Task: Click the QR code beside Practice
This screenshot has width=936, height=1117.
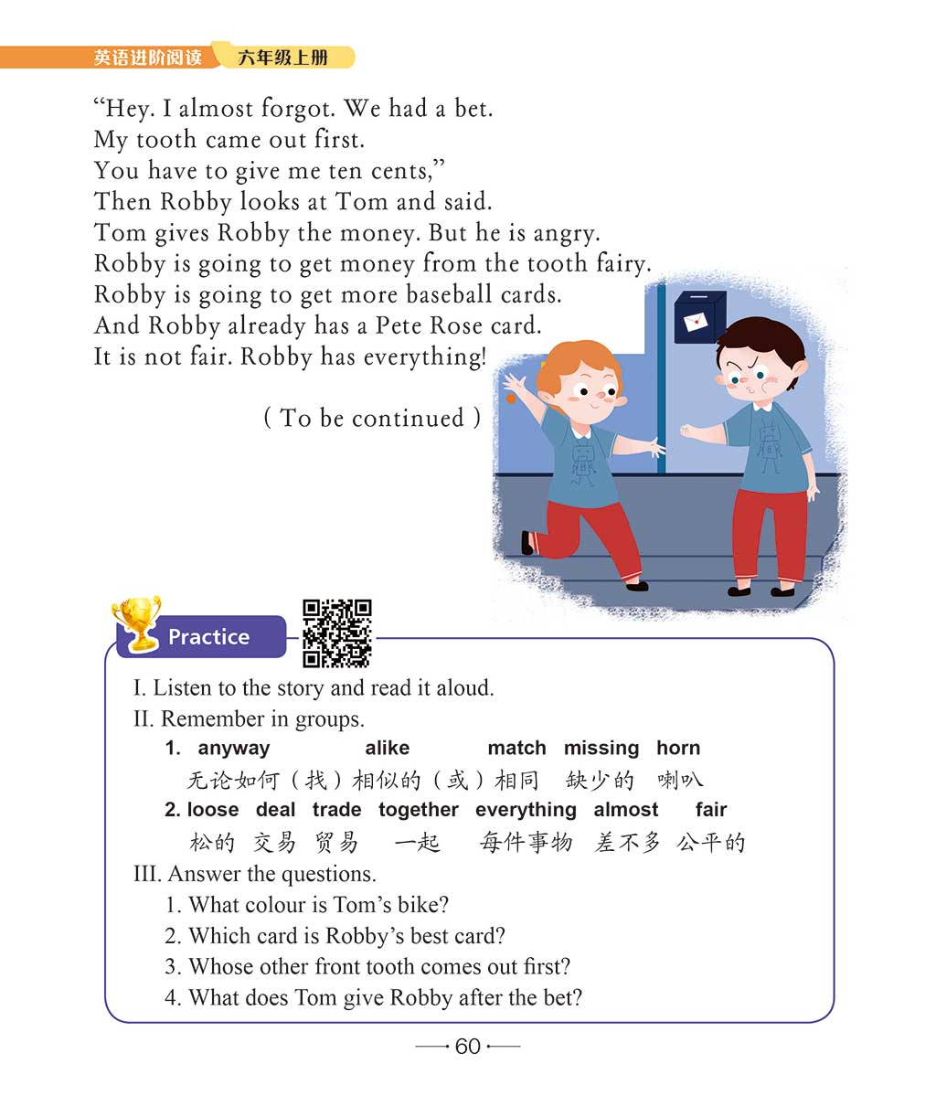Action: (x=336, y=633)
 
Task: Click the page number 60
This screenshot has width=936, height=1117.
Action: (x=467, y=1047)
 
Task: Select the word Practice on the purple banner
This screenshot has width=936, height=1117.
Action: (x=208, y=637)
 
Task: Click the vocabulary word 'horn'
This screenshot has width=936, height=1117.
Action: (x=678, y=748)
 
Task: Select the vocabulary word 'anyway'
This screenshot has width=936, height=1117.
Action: (x=234, y=748)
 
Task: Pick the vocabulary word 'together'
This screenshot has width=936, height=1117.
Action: (x=419, y=810)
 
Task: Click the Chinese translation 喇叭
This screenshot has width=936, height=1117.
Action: (x=680, y=780)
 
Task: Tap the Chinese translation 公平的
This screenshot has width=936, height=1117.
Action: (x=710, y=842)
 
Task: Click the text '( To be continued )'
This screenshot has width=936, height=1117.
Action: (x=372, y=418)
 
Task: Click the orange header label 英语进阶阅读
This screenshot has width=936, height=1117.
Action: (x=148, y=58)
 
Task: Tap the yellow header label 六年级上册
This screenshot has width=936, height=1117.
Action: (x=282, y=58)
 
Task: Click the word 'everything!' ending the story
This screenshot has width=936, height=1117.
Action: (x=425, y=356)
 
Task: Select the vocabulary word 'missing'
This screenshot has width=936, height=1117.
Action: (x=601, y=748)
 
